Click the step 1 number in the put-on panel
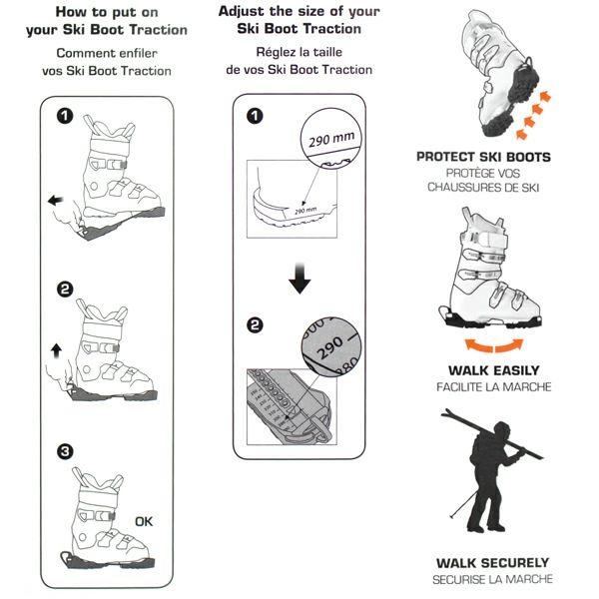tap(65, 116)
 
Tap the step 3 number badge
tap(65, 451)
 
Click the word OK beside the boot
tap(144, 521)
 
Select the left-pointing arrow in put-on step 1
tap(55, 200)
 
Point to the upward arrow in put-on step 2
tap(56, 350)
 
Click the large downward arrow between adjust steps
tap(299, 279)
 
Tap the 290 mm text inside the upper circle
tap(331, 139)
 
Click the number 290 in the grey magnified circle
tap(329, 347)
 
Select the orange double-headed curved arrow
tap(494, 345)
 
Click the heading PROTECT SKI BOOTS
tap(483, 157)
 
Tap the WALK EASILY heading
tap(493, 370)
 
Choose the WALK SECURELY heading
tap(492, 563)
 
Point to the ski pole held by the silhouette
tap(463, 504)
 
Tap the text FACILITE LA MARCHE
tap(493, 387)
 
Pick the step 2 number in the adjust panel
tap(255, 325)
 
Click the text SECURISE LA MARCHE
tap(492, 579)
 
